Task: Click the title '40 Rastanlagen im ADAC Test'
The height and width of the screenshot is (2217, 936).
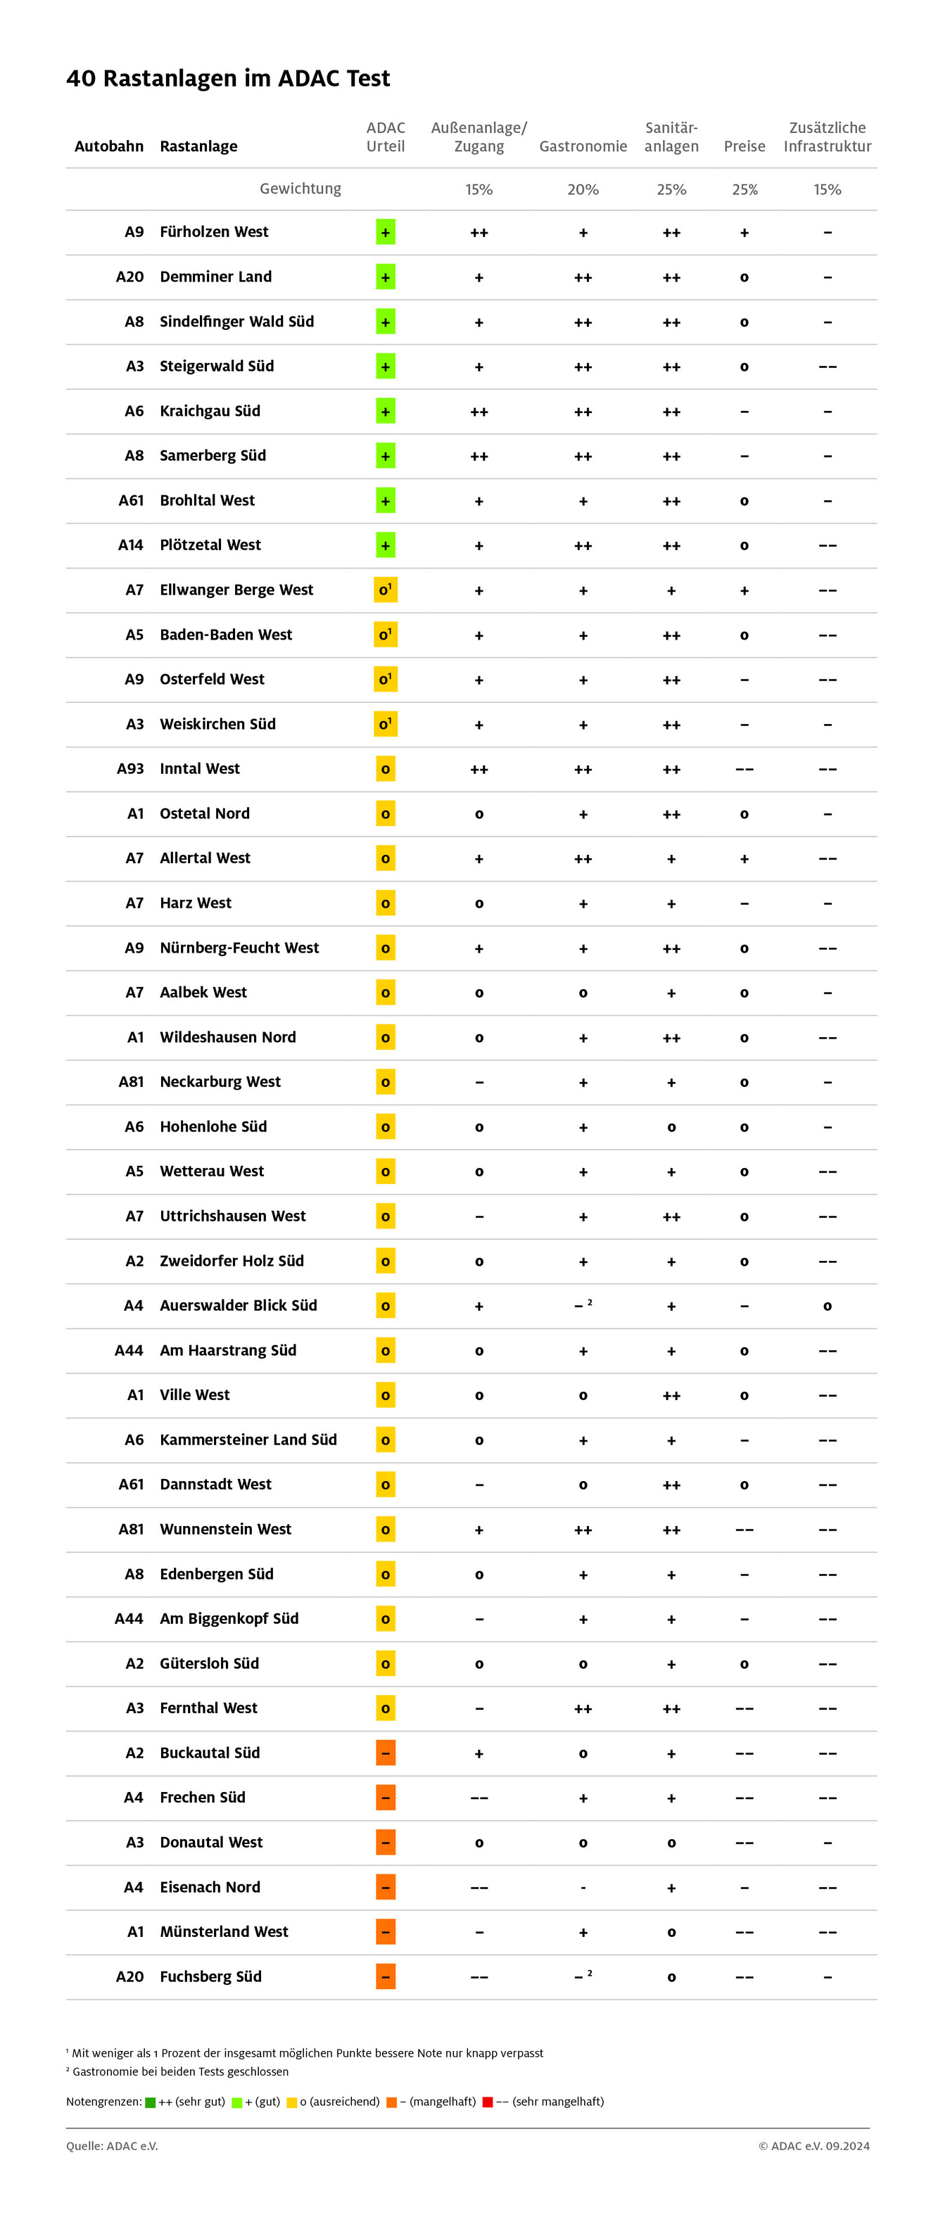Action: [228, 78]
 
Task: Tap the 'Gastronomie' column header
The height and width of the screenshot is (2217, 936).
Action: [583, 146]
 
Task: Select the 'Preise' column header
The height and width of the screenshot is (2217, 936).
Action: [744, 146]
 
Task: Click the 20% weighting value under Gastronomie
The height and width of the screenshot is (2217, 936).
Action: [583, 189]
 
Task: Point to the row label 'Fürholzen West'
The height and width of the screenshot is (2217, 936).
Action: [213, 231]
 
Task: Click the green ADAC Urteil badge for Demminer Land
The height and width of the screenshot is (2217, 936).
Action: [385, 277]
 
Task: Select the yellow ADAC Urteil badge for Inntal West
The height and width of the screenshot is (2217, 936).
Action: [385, 768]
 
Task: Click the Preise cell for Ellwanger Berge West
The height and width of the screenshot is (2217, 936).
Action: [744, 590]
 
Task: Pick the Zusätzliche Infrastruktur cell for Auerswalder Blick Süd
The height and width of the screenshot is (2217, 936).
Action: [827, 1307]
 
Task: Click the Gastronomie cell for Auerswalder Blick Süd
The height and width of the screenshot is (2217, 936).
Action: [583, 1306]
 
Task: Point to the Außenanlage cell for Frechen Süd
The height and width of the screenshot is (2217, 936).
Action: [479, 1798]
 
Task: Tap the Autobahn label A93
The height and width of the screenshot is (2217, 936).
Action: [130, 768]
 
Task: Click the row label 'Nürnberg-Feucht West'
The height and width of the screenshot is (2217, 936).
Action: [239, 948]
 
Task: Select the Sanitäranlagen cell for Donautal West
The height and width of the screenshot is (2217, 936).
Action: [671, 1843]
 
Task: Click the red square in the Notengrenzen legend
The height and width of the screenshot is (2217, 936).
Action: [488, 2102]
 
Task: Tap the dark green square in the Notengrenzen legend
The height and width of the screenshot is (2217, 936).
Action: [151, 2102]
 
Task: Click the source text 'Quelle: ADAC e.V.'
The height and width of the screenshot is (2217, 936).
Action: [112, 2145]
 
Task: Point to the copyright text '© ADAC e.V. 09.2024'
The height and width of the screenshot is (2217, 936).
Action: [813, 2145]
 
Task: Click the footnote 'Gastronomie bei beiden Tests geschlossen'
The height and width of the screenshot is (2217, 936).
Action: [180, 2071]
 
